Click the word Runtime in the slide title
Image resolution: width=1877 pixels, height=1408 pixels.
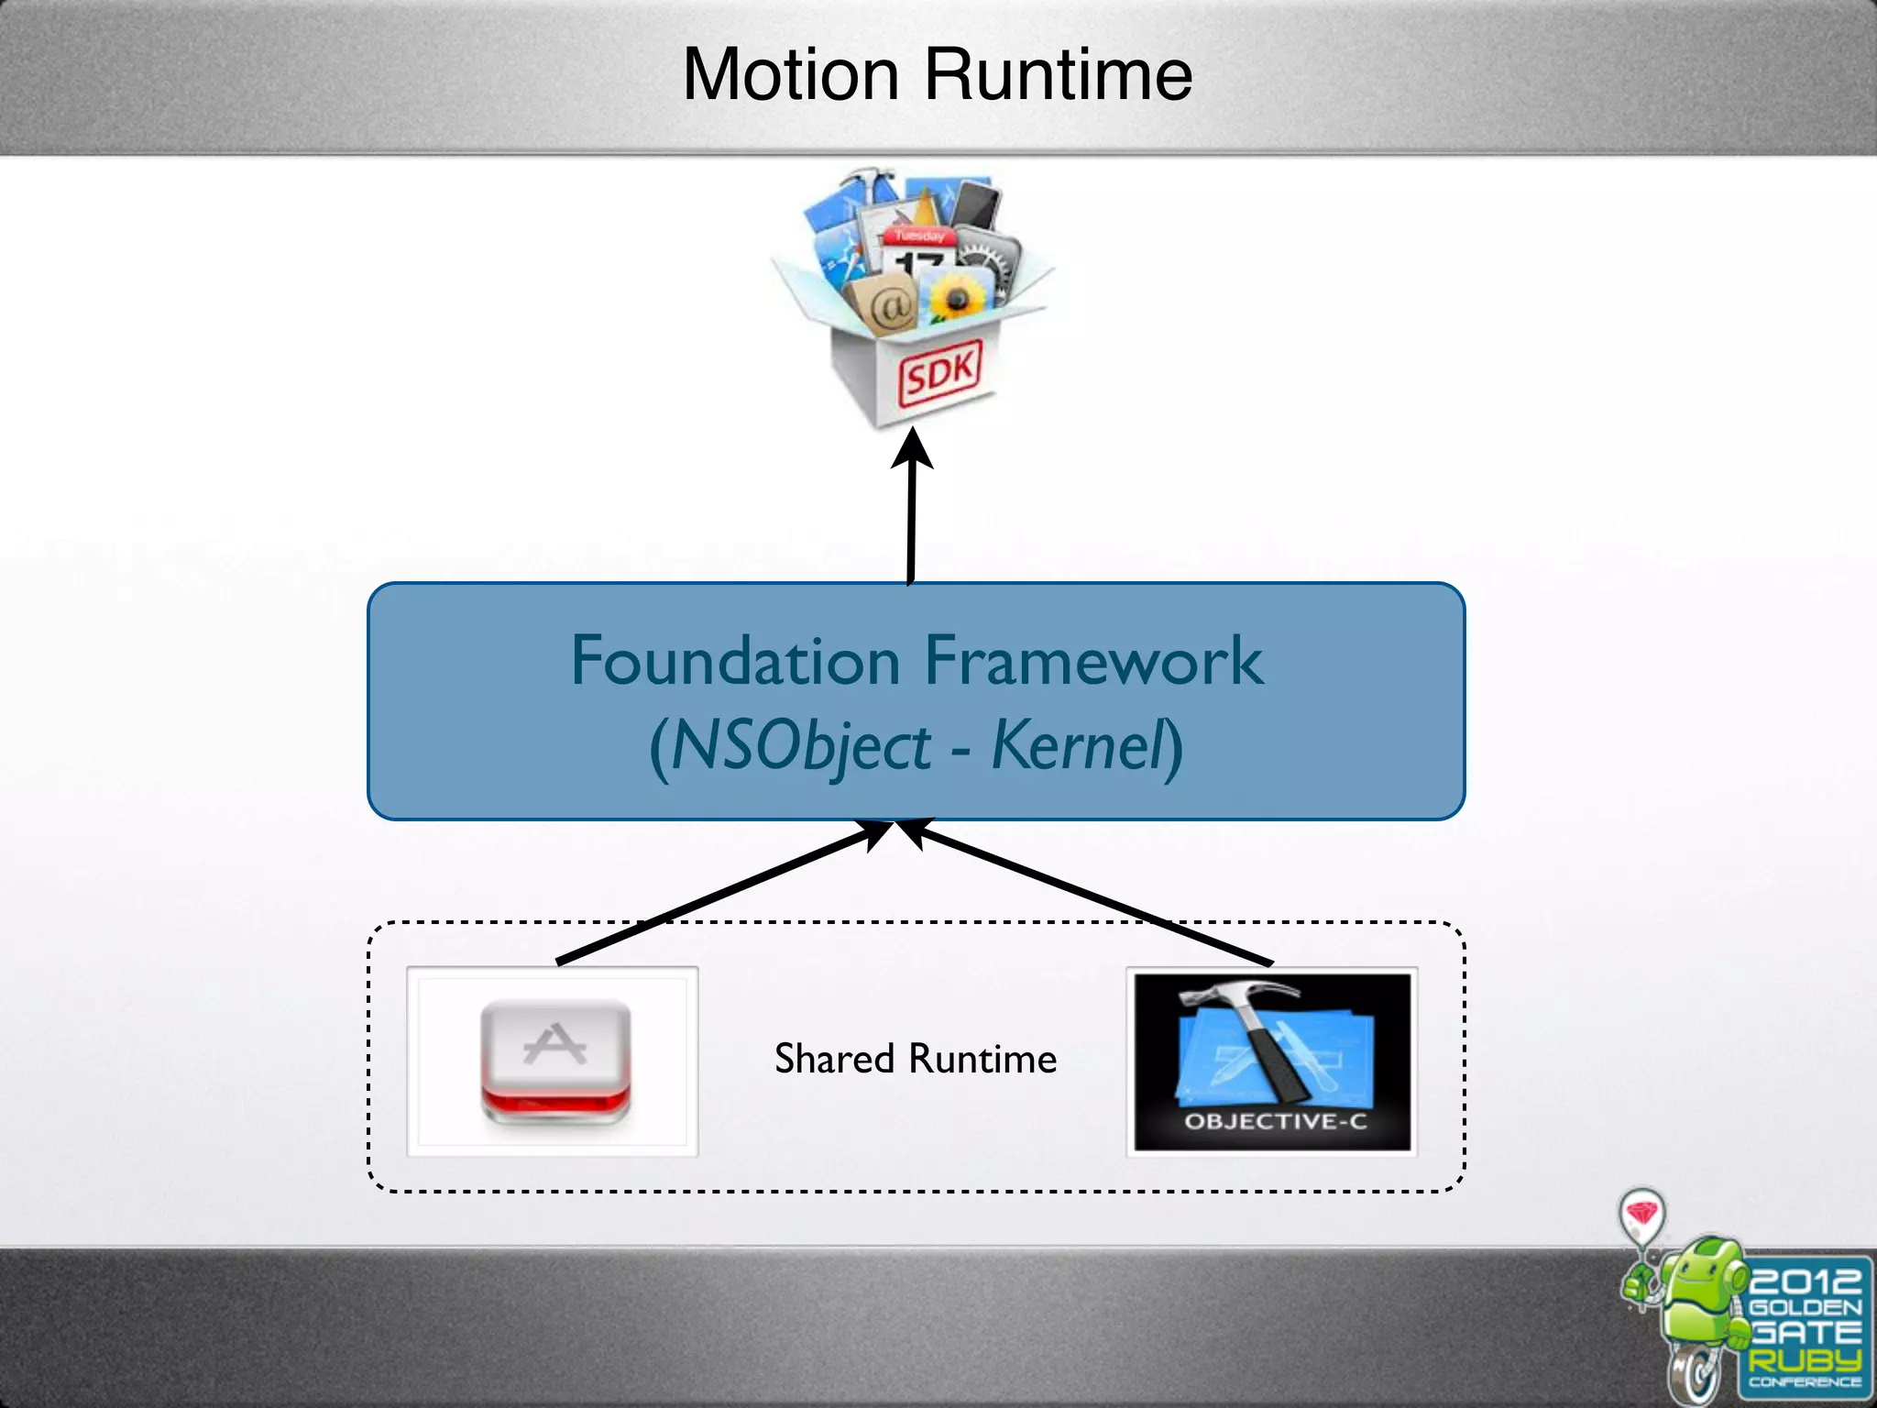point(1058,74)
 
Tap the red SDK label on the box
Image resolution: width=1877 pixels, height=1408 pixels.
point(939,372)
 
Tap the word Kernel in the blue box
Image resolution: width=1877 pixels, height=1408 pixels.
point(1077,744)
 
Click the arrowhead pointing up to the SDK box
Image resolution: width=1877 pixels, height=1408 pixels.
point(912,449)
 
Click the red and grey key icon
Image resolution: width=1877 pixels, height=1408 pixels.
point(555,1061)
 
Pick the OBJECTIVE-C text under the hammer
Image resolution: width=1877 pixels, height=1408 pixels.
point(1275,1121)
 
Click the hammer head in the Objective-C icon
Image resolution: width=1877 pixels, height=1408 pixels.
point(1237,995)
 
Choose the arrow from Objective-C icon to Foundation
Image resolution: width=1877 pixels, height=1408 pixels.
point(1091,893)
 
